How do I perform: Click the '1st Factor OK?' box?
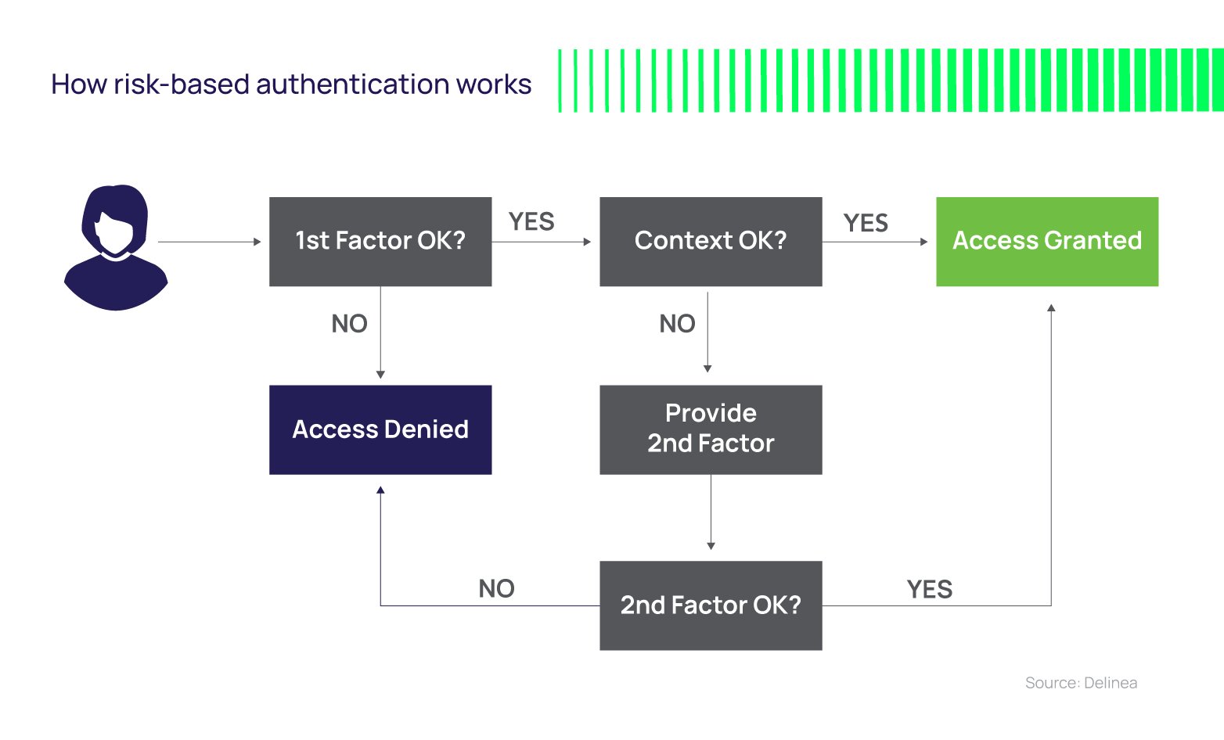[x=380, y=241]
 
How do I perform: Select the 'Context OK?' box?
[x=711, y=241]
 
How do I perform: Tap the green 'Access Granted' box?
[x=1047, y=241]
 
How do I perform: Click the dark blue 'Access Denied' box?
[x=380, y=429]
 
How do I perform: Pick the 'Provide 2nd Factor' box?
[x=711, y=429]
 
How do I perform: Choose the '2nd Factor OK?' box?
[x=711, y=605]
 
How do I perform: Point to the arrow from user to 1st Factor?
[x=210, y=242]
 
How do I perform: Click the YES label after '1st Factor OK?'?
[x=531, y=222]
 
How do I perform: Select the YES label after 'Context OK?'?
[x=866, y=223]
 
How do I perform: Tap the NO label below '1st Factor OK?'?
[x=349, y=324]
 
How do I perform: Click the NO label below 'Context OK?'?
[x=677, y=324]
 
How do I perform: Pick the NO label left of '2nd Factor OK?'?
[x=496, y=588]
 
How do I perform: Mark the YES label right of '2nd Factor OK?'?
[x=930, y=589]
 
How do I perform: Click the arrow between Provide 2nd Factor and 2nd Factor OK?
[x=711, y=512]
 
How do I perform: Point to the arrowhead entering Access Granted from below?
[x=1051, y=308]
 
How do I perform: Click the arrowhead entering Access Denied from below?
[x=380, y=490]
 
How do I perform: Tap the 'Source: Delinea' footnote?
[x=1081, y=683]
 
